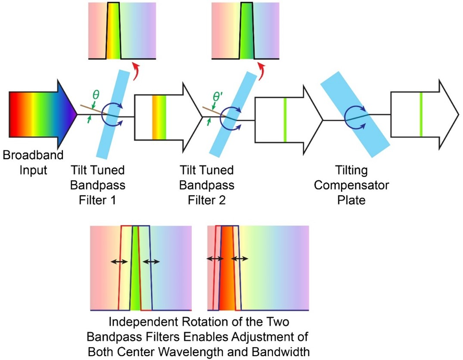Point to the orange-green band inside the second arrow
159,117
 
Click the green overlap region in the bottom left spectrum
136,276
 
